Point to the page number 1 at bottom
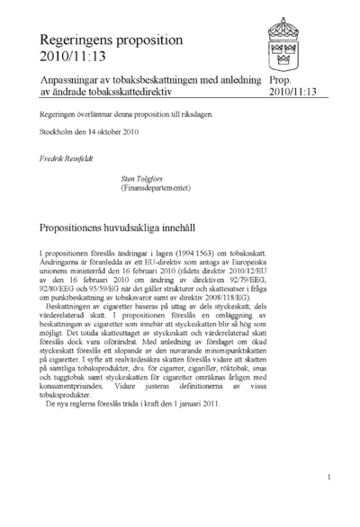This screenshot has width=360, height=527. coord(330,478)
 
